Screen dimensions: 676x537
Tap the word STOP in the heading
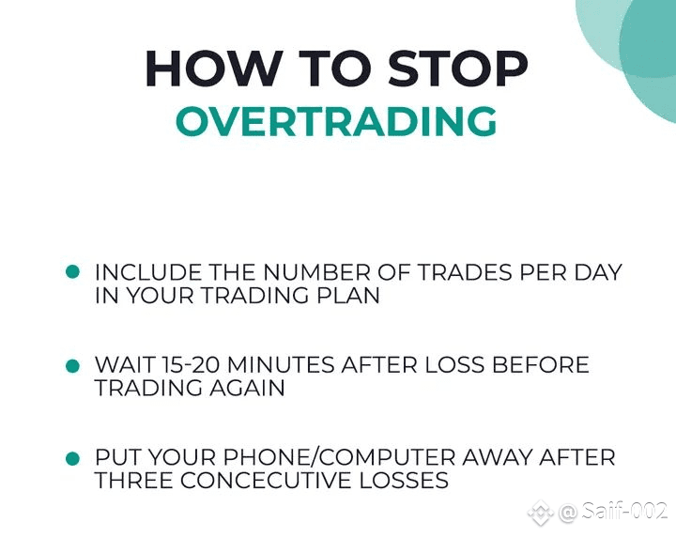pos(457,69)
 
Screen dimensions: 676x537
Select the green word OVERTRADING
pos(336,121)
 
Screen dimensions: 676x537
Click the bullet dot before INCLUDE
pos(72,272)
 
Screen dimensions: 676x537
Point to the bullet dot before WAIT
pos(72,365)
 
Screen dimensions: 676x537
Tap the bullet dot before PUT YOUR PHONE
pos(72,458)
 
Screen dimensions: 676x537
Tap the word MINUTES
pos(281,365)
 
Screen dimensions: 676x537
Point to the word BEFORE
pos(540,365)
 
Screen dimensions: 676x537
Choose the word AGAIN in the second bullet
pos(248,388)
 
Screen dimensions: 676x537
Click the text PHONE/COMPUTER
pos(339,457)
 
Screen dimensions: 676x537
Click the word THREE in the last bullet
pos(134,481)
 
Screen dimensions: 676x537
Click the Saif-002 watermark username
pos(623,512)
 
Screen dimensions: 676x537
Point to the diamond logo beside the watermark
pos(541,513)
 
